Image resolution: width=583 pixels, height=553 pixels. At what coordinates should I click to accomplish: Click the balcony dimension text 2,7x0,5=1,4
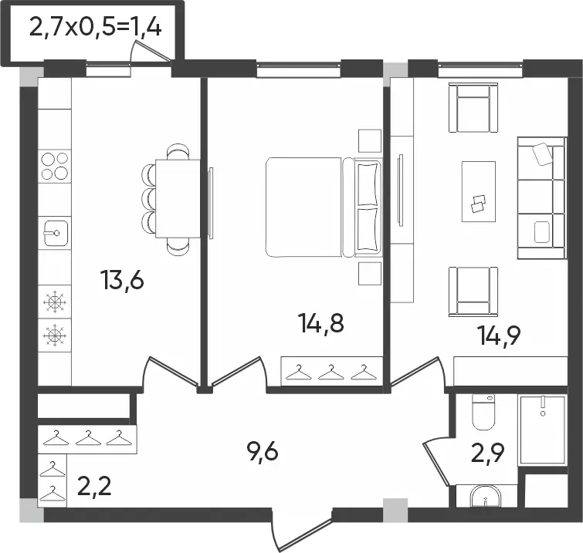pos(95,28)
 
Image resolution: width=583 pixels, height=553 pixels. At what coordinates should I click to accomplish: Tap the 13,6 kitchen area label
pos(122,280)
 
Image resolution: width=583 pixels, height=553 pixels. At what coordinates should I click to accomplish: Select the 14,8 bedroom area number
pos(321,323)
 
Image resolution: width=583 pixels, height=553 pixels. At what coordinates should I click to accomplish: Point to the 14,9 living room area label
pos(500,336)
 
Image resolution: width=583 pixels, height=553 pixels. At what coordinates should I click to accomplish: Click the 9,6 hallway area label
pos(263,453)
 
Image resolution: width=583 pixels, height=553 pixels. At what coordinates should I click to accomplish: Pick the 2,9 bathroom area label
pos(487,453)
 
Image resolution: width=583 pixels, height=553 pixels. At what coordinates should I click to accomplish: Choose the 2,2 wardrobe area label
pos(94,486)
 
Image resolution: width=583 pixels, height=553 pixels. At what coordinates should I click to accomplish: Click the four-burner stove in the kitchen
pos(55,167)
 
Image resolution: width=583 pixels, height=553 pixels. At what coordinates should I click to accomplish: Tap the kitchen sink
pos(56,233)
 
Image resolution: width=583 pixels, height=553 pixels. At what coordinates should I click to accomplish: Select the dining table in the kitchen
pos(178,198)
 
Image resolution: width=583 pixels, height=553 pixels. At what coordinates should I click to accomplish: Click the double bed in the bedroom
pos(324,207)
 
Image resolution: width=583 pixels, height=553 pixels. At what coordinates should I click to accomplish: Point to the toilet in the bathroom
pos(483,412)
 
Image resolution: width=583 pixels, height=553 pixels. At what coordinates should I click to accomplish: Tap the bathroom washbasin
pos(485,497)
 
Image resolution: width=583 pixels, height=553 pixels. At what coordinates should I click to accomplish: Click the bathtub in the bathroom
pos(543,430)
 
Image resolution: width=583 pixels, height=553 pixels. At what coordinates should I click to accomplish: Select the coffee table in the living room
pos(479,191)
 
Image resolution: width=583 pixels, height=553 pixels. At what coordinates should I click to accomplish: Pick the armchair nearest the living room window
pos(473,108)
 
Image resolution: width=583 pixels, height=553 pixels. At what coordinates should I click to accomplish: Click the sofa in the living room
pos(542,198)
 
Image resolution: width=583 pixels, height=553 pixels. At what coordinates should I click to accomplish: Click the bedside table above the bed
pos(370,141)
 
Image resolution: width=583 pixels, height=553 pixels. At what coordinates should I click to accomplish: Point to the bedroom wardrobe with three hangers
pos(332,372)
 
